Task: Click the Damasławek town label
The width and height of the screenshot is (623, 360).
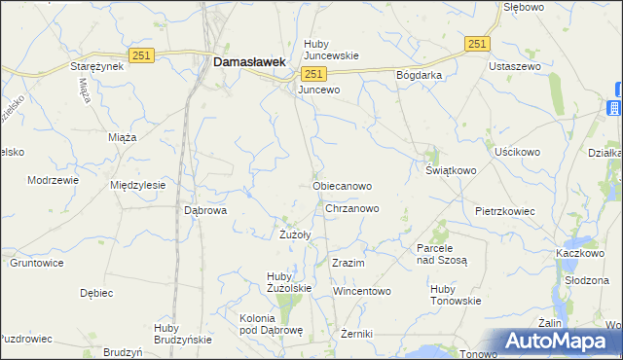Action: pos(248,61)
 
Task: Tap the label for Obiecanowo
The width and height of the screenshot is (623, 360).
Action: pos(341,185)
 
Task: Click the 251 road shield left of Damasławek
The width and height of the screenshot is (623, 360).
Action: pos(140,56)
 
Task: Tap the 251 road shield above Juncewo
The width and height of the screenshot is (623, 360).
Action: pos(312,74)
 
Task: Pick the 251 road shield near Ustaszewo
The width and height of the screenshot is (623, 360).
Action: pos(476,45)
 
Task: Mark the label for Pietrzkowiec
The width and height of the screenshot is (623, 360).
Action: pos(505,210)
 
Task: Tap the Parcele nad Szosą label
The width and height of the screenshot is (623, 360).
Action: pos(442,254)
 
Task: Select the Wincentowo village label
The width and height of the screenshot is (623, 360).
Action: pos(361,291)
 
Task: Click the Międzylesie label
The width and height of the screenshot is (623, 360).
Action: pos(137,185)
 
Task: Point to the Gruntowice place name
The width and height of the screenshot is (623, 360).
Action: pos(36,264)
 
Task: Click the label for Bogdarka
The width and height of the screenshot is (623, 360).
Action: pos(419,75)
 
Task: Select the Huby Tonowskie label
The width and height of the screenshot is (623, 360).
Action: pos(456,295)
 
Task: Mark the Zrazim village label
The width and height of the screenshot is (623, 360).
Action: pos(348,264)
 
